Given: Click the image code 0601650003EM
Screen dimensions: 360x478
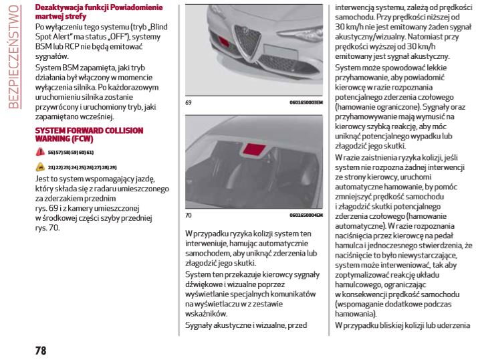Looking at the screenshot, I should pyautogui.click(x=306, y=104).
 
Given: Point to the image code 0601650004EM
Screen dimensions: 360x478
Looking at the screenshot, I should pyautogui.click(x=306, y=216).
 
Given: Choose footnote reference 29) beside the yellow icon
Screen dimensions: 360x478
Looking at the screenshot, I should pyautogui.click(x=112, y=167).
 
